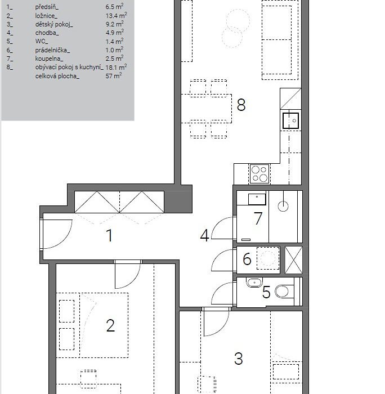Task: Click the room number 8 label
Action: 241,105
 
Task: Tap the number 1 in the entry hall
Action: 110,235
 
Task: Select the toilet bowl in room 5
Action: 284,292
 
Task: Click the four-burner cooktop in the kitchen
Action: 259,174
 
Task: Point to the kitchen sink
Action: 291,120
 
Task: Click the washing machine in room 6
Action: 268,258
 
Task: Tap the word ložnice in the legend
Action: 46,16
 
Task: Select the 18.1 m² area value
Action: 116,67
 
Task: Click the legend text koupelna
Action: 49,59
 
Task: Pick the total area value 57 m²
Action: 114,75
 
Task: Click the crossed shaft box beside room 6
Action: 293,260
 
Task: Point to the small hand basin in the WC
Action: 254,283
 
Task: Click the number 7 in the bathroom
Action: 258,218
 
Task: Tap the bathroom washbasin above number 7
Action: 257,199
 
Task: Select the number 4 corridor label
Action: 204,236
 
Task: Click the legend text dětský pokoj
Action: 54,25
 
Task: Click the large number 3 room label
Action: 238,359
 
